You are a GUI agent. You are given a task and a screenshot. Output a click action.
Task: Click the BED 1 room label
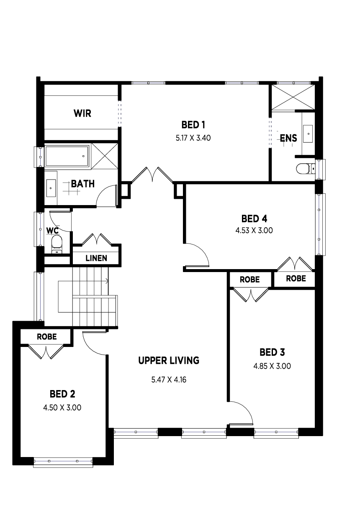pos(193,125)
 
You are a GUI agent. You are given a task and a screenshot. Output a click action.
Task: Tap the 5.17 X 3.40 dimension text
pos(193,138)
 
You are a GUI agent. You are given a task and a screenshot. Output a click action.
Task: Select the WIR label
pos(82,113)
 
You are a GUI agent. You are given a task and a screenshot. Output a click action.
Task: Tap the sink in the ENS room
pos(308,134)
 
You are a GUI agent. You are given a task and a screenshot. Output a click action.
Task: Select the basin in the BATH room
pos(51,188)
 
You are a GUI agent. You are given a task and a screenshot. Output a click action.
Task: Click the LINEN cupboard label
pos(96,258)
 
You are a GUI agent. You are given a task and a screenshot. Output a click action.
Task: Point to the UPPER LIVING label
pos(169,360)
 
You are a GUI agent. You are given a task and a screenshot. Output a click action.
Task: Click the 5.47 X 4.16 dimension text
pos(169,380)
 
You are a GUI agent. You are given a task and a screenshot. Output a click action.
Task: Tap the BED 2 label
pos(62,394)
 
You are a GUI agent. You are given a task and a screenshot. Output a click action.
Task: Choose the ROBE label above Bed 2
pos(47,337)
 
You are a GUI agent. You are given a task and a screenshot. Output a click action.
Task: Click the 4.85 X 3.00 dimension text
pos(272,366)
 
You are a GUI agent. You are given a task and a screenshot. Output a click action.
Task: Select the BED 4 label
pos(254,218)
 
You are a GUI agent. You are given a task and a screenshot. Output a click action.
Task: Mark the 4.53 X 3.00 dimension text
pos(254,231)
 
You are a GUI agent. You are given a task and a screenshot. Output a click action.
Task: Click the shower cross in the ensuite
pos(293,98)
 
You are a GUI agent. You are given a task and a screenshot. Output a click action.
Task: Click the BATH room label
pos(83,184)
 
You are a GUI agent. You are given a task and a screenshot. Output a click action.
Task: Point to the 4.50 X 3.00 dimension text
pos(62,408)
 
